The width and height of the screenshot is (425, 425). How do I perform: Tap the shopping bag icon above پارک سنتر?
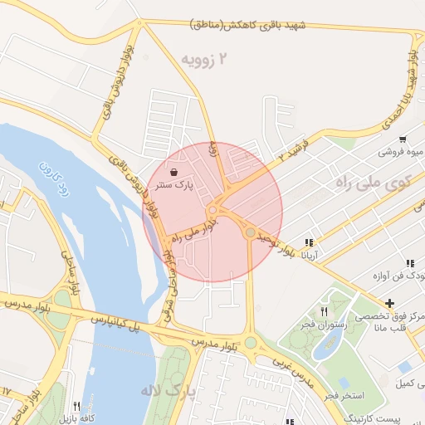click(173, 173)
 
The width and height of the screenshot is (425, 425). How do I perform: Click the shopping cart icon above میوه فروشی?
click(402, 139)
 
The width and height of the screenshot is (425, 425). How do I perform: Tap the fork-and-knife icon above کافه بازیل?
click(76, 405)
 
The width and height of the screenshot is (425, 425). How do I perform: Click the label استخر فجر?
click(342, 395)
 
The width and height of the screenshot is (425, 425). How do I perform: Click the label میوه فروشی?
click(397, 152)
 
